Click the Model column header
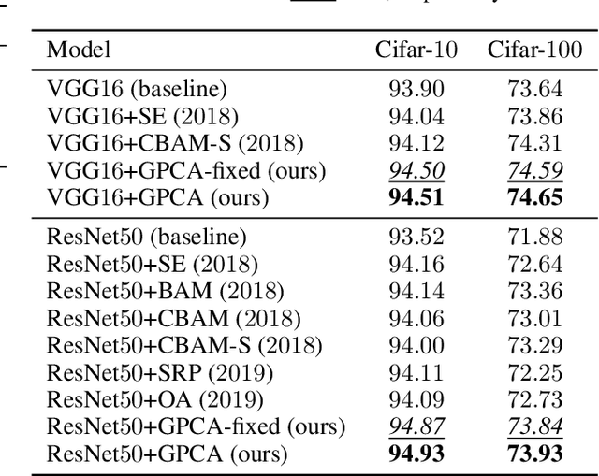pyautogui.click(x=79, y=50)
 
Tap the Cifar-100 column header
pyautogui.click(x=536, y=50)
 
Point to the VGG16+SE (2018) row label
pyautogui.click(x=142, y=117)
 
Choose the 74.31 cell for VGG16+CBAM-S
pyautogui.click(x=537, y=144)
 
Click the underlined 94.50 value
pyautogui.click(x=416, y=171)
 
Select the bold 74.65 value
pyautogui.click(x=537, y=198)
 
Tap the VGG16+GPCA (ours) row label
pyautogui.click(x=158, y=198)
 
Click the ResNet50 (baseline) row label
pyautogui.click(x=147, y=238)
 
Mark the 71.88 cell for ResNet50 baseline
pyautogui.click(x=537, y=238)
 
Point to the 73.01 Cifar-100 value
pyautogui.click(x=537, y=319)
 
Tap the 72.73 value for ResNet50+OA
pyautogui.click(x=537, y=400)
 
